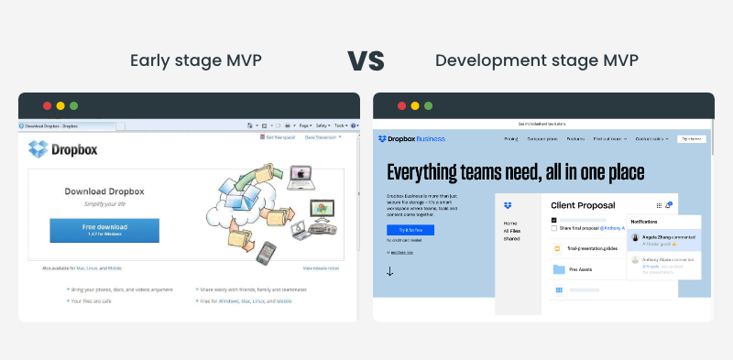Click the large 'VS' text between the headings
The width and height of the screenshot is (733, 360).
(x=366, y=60)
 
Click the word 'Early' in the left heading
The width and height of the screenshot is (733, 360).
(x=148, y=61)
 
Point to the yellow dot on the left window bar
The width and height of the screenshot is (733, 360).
(x=60, y=105)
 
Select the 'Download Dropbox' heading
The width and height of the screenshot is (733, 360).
(x=104, y=191)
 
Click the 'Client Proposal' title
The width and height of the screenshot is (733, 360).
(x=583, y=205)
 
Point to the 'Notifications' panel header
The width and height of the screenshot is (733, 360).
(x=647, y=223)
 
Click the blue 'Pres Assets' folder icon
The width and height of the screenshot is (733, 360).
(x=557, y=269)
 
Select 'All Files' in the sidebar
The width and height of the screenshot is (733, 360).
(x=512, y=231)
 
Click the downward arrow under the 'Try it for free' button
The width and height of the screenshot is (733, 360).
(x=389, y=271)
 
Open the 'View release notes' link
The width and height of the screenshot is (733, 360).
(x=321, y=267)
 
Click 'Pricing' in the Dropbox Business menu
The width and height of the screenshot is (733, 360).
(x=510, y=139)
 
